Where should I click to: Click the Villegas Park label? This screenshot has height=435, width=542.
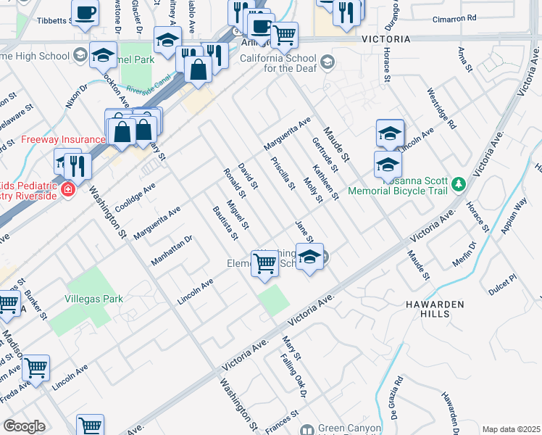(x=91, y=298)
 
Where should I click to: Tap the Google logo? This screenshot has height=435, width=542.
(x=24, y=426)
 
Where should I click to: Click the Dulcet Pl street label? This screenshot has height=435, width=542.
(x=501, y=278)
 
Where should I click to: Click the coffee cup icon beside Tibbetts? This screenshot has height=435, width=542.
(x=87, y=13)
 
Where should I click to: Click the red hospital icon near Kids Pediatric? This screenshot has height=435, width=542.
(x=67, y=190)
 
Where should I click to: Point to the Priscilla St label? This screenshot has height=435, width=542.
(x=282, y=173)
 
